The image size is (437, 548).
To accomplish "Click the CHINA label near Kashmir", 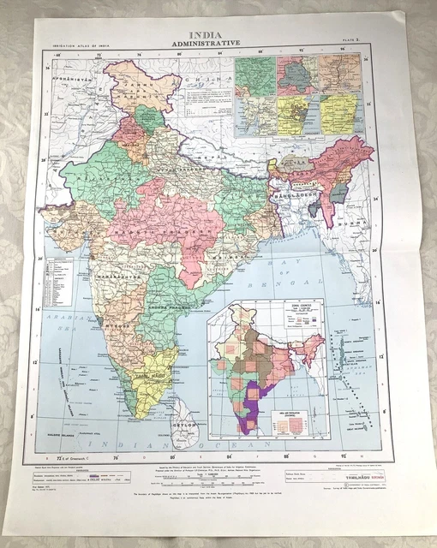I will point(206,83).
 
